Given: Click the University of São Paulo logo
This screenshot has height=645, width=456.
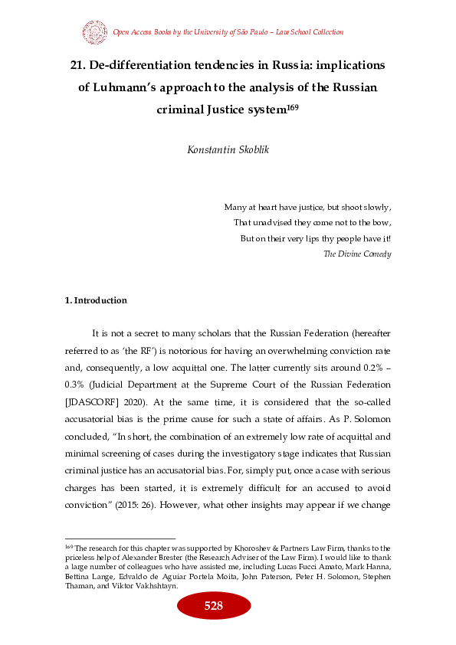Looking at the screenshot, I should point(94,32).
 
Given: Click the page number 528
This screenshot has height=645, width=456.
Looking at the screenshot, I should point(213,607).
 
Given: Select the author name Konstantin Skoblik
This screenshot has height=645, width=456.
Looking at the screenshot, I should point(228,149).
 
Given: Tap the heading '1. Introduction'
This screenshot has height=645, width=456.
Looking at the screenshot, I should point(96,300).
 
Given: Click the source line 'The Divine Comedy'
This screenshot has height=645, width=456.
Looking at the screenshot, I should point(358,254).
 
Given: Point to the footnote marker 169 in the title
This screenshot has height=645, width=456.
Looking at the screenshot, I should point(292,106).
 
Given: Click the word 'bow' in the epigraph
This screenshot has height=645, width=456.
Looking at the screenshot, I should point(382,222).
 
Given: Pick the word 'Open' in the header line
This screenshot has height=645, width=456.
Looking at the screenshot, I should point(122,32).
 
